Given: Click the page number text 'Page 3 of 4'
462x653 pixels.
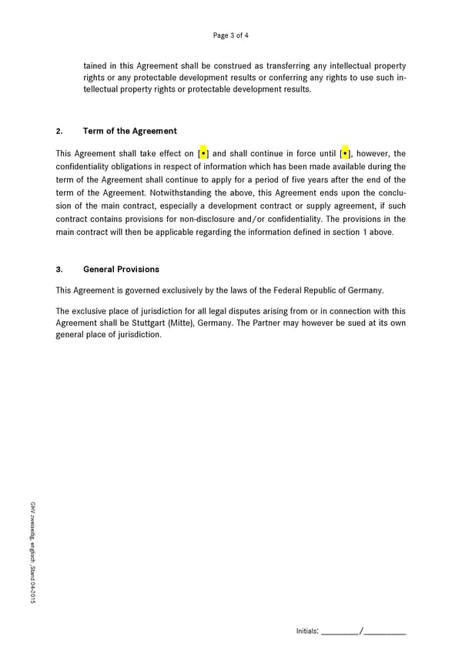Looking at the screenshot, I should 231,35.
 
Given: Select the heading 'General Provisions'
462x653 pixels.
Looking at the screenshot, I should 121,270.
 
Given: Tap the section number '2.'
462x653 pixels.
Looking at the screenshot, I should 59,131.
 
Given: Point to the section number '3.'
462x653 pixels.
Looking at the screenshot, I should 59,270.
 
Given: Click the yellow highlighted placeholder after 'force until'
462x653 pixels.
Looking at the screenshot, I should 344,153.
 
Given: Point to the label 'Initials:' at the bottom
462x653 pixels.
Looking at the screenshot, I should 307,631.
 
